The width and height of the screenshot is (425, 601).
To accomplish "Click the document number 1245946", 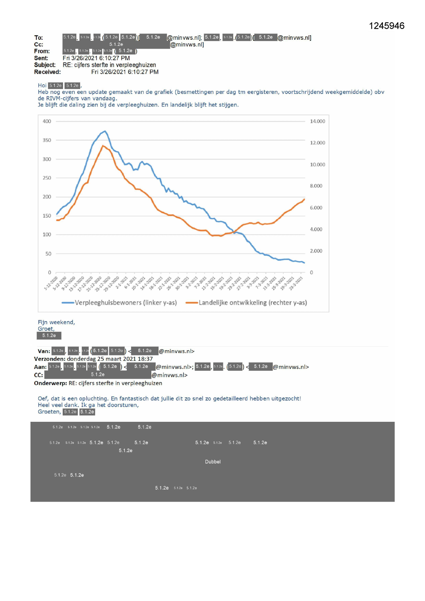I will click(x=386, y=26).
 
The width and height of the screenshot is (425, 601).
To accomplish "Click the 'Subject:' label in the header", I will click(x=45, y=65).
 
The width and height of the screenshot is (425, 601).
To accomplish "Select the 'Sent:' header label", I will click(x=41, y=58).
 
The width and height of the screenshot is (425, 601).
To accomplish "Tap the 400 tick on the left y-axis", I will click(x=47, y=121).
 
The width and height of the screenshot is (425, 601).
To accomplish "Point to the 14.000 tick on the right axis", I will click(x=317, y=121).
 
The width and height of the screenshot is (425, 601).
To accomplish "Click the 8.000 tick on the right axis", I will click(x=316, y=186).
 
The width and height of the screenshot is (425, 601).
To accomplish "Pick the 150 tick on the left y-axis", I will click(x=47, y=216).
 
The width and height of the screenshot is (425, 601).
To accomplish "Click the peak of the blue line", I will click(x=105, y=131).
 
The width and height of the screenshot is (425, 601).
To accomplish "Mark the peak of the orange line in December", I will click(x=102, y=146).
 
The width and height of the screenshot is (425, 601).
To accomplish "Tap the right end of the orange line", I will click(x=304, y=199).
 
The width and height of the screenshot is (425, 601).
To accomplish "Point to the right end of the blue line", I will click(x=304, y=263).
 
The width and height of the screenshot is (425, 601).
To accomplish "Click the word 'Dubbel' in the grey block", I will click(x=213, y=462).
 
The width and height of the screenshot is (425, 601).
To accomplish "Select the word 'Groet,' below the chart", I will click(x=46, y=329).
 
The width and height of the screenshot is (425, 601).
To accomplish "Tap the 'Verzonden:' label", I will click(x=50, y=359).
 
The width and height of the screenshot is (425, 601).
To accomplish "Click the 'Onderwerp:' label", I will click(x=50, y=383).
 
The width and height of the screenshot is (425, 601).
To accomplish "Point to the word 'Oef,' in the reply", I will click(x=43, y=398).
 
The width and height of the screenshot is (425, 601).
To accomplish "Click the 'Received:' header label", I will click(x=47, y=72).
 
